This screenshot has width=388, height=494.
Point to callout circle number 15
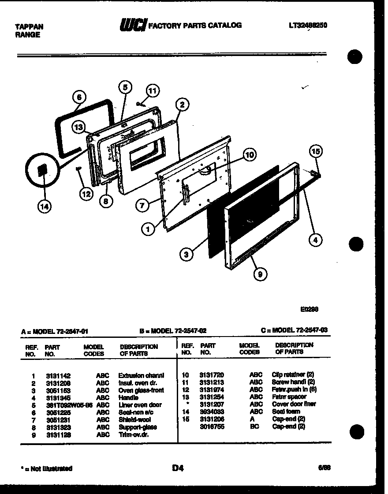click(315, 152)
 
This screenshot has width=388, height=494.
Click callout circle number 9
click(260, 274)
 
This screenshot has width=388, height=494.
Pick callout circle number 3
click(187, 254)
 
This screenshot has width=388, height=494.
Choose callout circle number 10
click(249, 155)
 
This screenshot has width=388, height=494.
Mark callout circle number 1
click(148, 228)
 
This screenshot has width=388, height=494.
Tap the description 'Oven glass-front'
click(141, 390)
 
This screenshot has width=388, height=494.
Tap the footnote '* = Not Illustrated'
click(46, 469)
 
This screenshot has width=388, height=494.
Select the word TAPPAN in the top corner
click(29, 27)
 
